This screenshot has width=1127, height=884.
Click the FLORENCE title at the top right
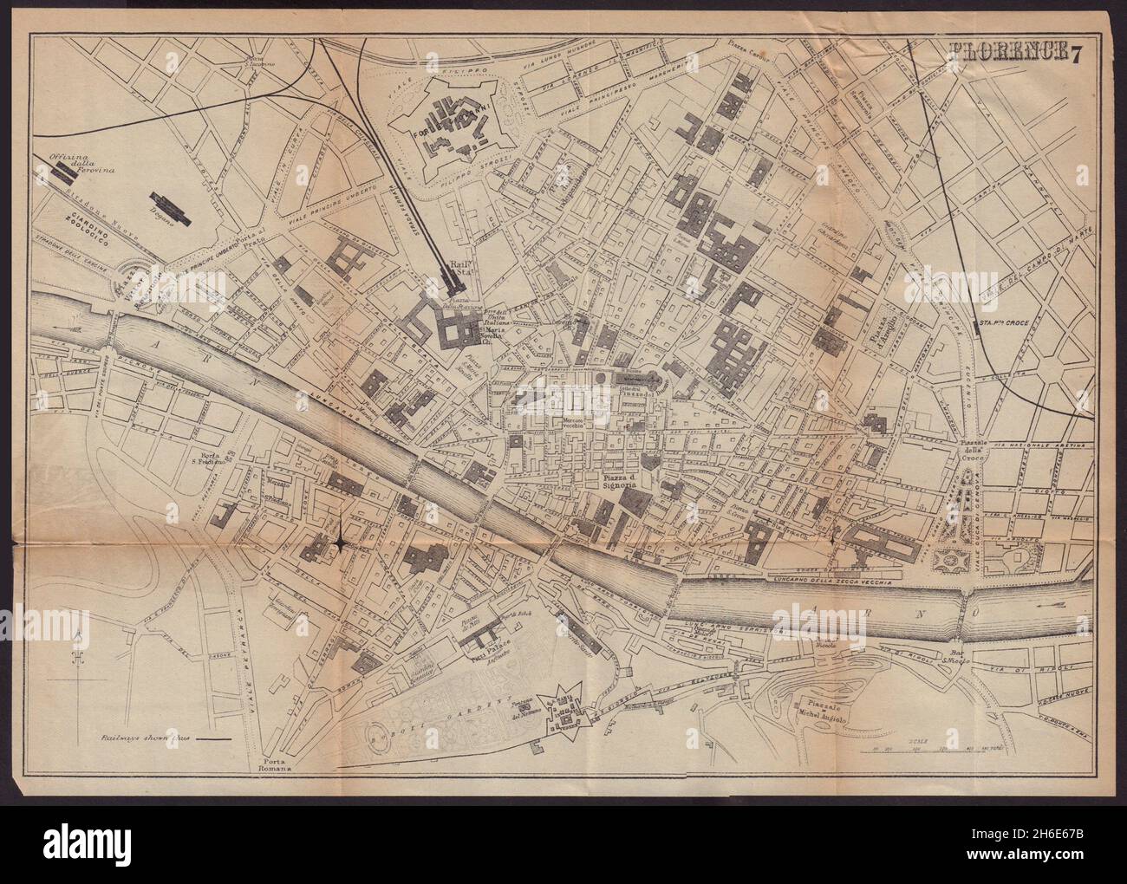pos(1005,76)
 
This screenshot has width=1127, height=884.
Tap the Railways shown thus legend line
pos(208,739)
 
